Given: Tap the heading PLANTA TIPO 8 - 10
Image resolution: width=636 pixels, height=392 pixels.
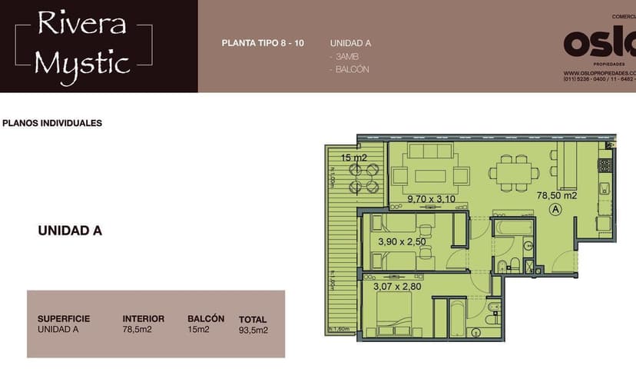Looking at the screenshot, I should [262, 43].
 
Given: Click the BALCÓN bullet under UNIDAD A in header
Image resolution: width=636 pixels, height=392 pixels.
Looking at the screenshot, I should [351, 69].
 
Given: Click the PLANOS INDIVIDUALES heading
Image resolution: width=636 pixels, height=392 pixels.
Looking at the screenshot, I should [52, 123].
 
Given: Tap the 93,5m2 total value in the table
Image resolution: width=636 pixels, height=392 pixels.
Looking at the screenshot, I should [253, 331].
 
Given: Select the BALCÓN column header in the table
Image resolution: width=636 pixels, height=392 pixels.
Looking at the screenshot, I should [206, 318].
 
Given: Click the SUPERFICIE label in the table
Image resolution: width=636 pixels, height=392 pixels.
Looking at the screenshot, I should [64, 318].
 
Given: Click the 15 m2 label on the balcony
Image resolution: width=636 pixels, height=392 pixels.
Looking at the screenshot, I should [354, 158].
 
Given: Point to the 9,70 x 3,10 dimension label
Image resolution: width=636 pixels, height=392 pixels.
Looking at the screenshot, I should [431, 198].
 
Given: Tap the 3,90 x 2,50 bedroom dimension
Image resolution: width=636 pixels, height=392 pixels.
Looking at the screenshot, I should [401, 242].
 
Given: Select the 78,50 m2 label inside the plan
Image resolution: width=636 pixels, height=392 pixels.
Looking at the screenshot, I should [556, 195].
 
